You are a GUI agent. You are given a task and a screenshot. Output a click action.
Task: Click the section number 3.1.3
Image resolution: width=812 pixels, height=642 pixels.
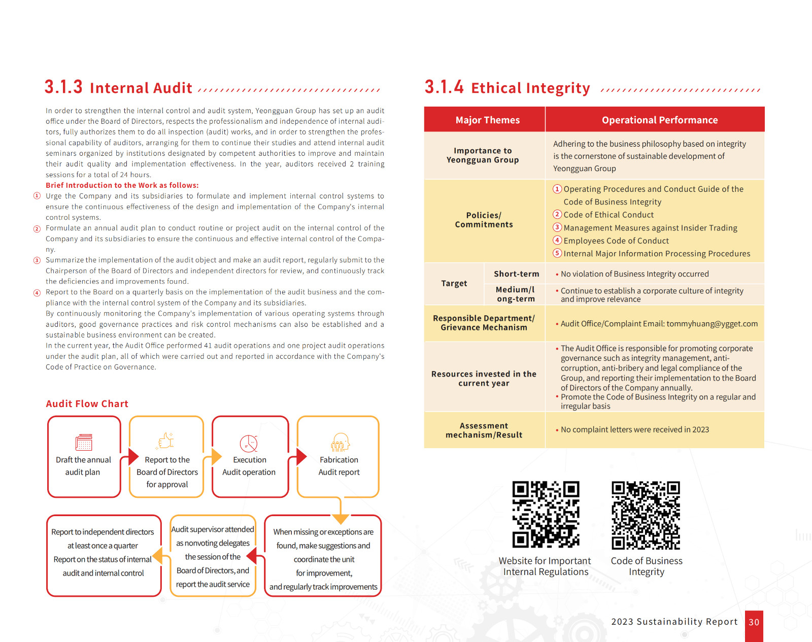point(63,87)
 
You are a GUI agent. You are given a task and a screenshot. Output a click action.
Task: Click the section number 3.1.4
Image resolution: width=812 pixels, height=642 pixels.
point(444,87)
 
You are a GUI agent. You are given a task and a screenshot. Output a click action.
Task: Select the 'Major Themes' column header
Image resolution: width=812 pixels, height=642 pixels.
point(487,120)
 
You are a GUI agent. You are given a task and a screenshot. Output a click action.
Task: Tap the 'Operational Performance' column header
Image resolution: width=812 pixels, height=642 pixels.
point(659,120)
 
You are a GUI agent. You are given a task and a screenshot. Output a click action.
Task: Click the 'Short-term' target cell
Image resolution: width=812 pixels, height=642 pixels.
point(516,274)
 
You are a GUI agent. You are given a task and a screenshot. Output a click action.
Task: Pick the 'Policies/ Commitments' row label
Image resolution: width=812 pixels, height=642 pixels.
point(484,220)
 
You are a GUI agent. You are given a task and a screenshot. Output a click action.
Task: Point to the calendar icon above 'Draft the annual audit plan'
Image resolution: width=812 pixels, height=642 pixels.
point(84,442)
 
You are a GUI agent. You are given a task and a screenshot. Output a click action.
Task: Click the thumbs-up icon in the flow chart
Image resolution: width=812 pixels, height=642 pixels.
point(166,441)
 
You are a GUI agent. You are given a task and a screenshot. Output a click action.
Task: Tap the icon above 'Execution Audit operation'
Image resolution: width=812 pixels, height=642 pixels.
point(249,443)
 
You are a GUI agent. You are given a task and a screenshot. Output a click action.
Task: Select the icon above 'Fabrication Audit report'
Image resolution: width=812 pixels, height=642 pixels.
point(340,442)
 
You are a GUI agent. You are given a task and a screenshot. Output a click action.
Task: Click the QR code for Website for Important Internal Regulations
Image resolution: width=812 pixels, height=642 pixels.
point(546,515)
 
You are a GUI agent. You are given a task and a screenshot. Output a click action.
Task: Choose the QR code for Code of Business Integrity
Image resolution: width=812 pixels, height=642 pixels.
point(646,515)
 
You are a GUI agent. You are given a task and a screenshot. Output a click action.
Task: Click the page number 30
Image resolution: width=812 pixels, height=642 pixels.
point(754,622)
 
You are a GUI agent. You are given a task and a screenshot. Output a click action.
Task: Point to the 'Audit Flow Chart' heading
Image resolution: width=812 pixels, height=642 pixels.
point(87,403)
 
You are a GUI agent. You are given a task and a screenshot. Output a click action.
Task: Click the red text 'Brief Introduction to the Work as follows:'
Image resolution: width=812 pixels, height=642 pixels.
point(122,185)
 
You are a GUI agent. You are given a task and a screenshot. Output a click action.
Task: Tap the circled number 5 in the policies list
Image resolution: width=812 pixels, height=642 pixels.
point(557,253)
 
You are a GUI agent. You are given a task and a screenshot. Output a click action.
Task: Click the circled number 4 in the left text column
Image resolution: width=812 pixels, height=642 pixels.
point(37,293)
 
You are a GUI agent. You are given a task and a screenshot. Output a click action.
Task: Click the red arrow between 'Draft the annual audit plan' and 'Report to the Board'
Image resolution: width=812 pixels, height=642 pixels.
point(133,456)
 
